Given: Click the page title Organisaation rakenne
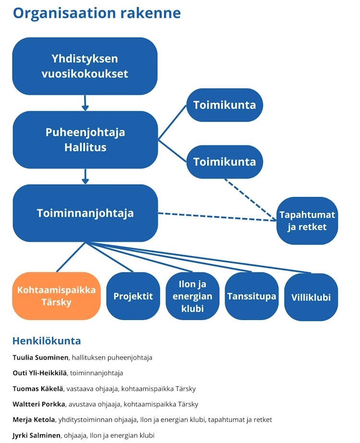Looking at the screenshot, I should [96, 13].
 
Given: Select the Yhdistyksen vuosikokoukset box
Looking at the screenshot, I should [85, 66].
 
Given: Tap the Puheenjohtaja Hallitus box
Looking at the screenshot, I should [85, 140].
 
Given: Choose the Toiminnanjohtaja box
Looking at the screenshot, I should [85, 213].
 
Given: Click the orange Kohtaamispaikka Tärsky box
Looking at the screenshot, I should [56, 296].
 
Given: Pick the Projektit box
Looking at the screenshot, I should [133, 296].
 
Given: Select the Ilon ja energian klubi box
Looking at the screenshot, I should [192, 296].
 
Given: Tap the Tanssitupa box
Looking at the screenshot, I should [252, 296].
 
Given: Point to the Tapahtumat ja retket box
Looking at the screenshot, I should [307, 221].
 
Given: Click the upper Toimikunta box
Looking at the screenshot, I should [224, 105].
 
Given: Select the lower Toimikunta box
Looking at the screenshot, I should [224, 161].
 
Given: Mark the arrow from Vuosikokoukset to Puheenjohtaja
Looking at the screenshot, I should [85, 102].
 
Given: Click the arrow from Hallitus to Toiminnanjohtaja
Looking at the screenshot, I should [85, 176].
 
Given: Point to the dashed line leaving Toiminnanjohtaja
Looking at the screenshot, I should [216, 217].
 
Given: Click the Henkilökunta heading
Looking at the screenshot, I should [46, 341].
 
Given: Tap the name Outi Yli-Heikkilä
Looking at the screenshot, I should [40, 373].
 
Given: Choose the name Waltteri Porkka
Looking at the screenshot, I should [40, 404].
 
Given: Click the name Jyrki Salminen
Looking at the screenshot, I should [37, 435].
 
